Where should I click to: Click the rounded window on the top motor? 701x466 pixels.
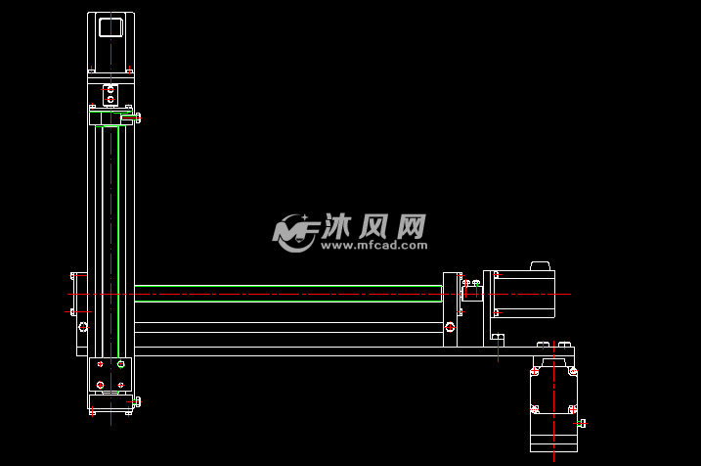point(110,26)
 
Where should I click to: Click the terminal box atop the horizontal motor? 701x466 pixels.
point(540,265)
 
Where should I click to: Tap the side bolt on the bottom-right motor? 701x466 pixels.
point(583,423)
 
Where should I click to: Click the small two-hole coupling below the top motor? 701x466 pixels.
point(110,96)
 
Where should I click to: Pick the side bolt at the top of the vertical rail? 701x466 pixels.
point(135,118)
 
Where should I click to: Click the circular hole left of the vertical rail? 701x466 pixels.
point(83,327)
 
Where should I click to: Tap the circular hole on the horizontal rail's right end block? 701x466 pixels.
point(451,326)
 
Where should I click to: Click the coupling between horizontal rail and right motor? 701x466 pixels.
point(471,292)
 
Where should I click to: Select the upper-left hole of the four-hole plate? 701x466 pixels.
point(100,364)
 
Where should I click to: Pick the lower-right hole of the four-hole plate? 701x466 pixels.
point(120,386)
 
